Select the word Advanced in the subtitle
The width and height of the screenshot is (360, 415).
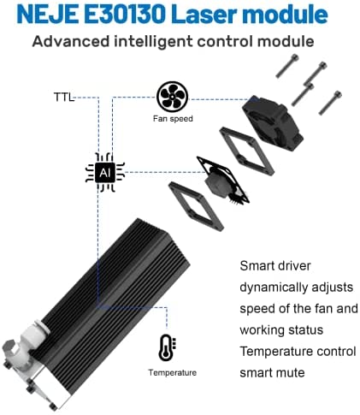(71, 41)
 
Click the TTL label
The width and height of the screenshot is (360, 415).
(64, 98)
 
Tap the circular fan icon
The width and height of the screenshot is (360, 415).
(172, 97)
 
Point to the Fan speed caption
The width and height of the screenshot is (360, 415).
(173, 118)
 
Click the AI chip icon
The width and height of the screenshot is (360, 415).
(105, 172)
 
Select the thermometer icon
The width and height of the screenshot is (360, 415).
(167, 347)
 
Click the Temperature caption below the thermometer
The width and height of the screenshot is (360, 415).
(173, 372)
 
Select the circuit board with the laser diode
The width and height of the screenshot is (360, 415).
(223, 181)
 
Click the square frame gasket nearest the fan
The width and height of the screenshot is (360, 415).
(247, 151)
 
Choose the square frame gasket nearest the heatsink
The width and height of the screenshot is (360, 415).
(197, 206)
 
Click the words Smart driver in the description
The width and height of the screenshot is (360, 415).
(275, 266)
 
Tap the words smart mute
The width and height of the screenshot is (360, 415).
(272, 372)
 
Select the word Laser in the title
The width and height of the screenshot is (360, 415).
(205, 15)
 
